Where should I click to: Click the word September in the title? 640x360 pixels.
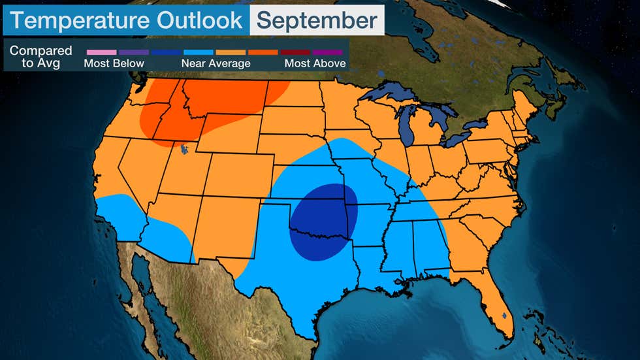317,20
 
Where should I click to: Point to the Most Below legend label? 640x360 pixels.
114,63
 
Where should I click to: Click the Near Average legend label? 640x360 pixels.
216,63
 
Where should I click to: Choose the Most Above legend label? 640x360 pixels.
315,63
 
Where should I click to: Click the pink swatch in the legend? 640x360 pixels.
101,52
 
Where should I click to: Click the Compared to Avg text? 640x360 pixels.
40,57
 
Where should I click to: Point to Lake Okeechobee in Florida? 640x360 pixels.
504,316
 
